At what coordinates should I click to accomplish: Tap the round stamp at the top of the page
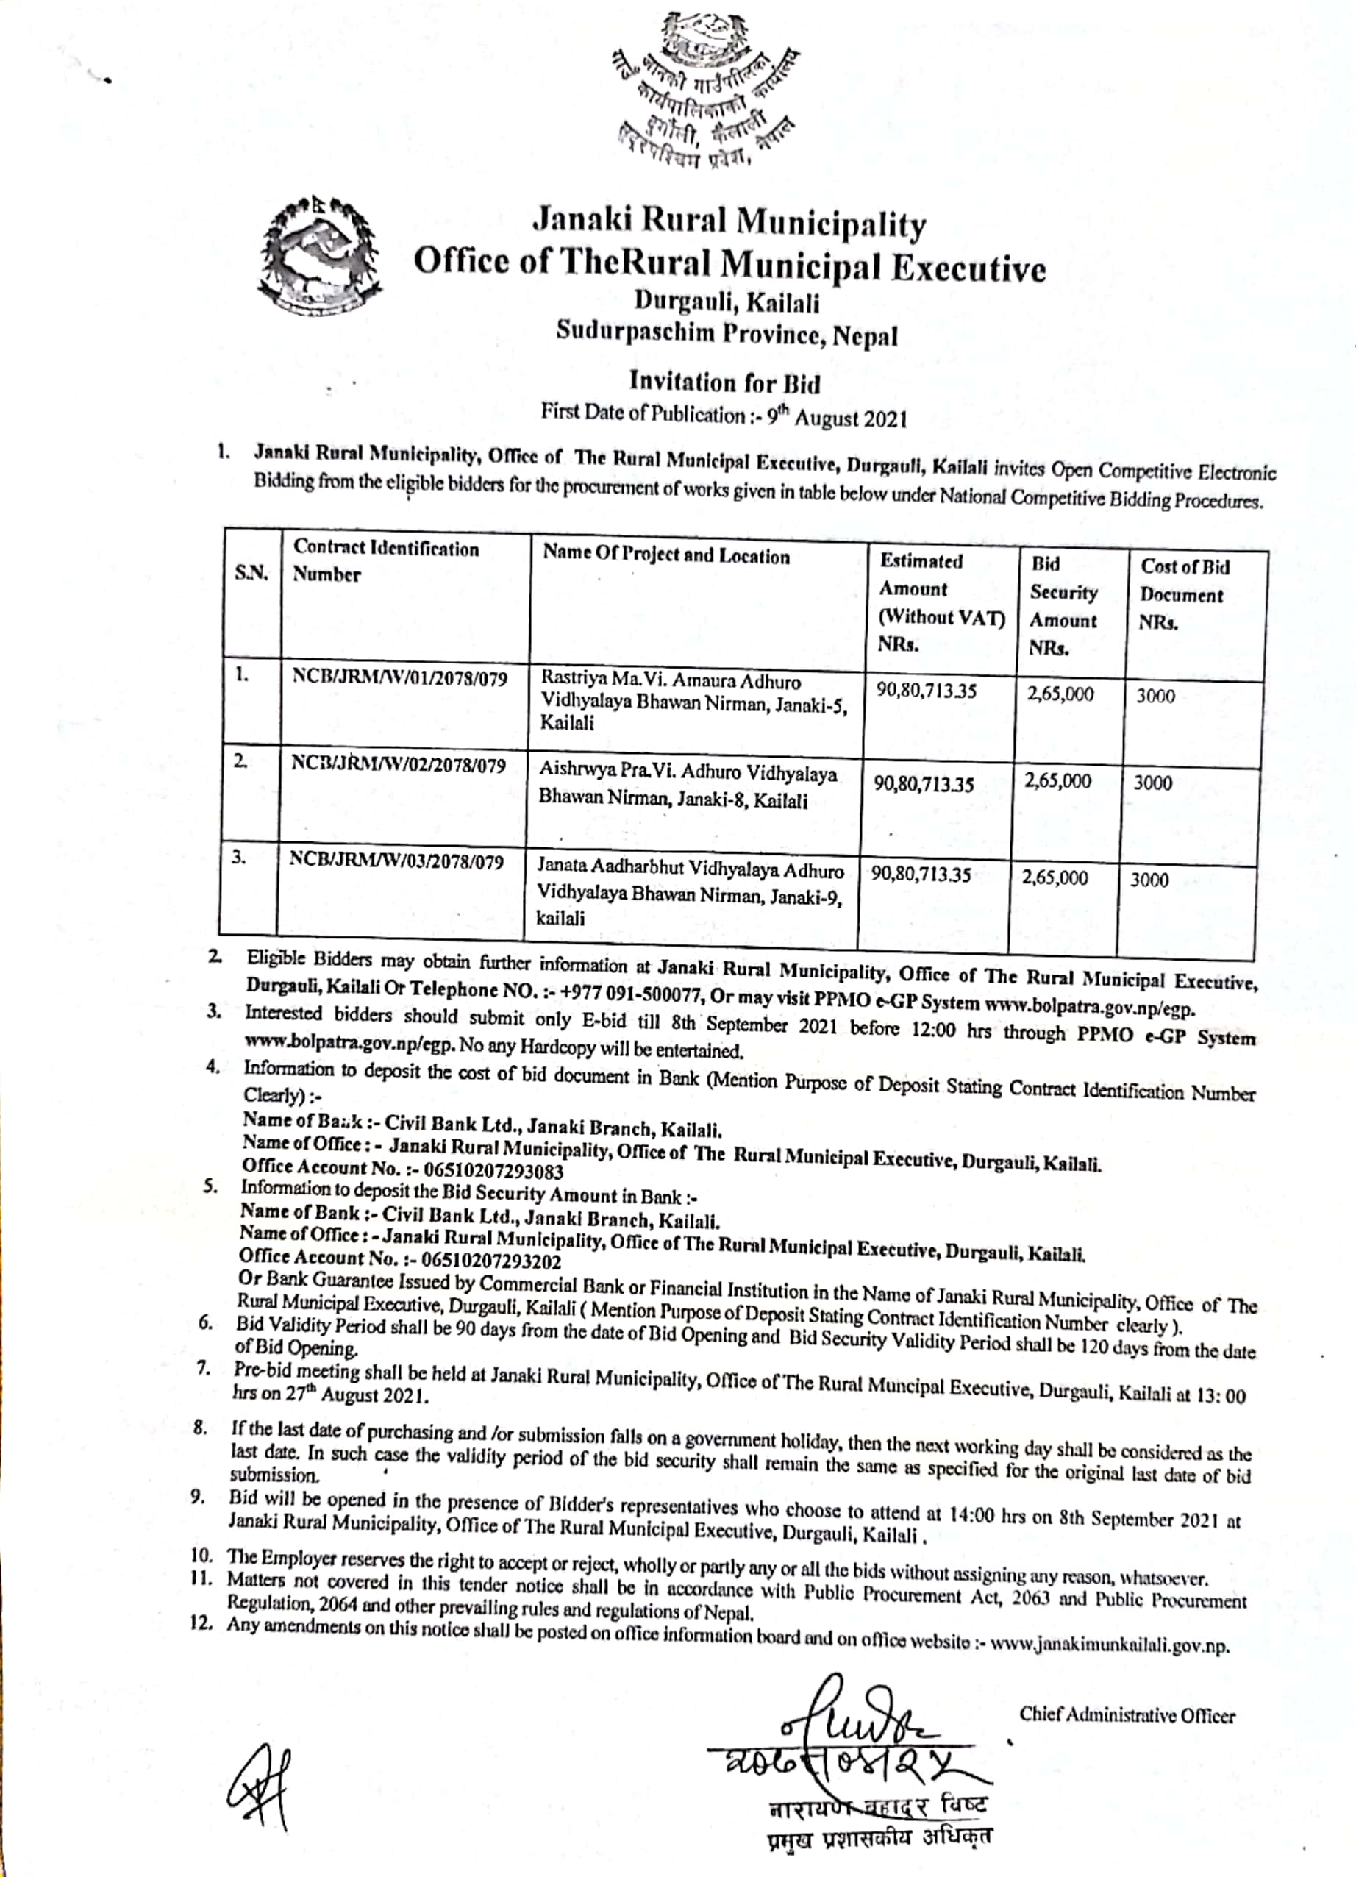click(x=703, y=91)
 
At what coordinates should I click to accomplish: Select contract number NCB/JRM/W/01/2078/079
click(x=399, y=679)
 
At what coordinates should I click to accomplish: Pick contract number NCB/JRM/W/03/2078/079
click(x=396, y=861)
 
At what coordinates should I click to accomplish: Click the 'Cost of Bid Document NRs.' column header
click(x=1184, y=594)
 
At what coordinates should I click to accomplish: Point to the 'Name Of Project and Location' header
click(x=666, y=555)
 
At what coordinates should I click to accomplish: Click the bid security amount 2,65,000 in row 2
click(x=1058, y=780)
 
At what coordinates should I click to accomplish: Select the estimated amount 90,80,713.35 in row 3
click(x=920, y=875)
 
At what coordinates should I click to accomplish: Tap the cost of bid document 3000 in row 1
click(x=1155, y=696)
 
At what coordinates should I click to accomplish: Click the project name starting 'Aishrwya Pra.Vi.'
click(x=687, y=785)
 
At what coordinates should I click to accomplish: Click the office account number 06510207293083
click(x=493, y=1171)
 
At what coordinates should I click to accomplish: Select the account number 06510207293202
click(x=490, y=1261)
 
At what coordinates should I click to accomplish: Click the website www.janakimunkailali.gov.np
click(x=1109, y=1647)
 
